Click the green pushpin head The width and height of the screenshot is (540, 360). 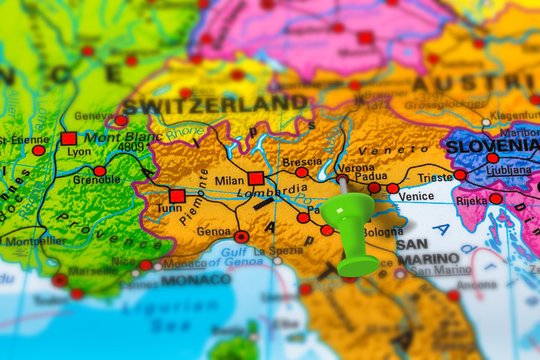pyautogui.click(x=348, y=212)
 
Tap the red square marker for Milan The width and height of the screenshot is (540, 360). pyautogui.click(x=256, y=178)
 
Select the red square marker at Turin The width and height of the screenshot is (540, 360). pyautogui.click(x=177, y=196)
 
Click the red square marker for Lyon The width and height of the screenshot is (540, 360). pyautogui.click(x=68, y=139)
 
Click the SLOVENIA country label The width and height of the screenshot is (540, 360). pyautogui.click(x=491, y=145)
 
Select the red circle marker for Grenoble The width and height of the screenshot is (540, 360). pyautogui.click(x=100, y=171)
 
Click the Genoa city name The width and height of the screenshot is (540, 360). pyautogui.click(x=213, y=231)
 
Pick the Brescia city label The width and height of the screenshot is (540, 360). pyautogui.click(x=302, y=161)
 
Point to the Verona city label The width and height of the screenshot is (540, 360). pyautogui.click(x=355, y=169)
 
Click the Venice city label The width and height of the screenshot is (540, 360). pyautogui.click(x=416, y=197)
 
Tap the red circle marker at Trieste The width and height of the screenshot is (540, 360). pyautogui.click(x=460, y=174)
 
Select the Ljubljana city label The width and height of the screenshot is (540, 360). pyautogui.click(x=507, y=170)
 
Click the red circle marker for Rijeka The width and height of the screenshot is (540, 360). pyautogui.click(x=496, y=199)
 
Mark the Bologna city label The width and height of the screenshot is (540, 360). pyautogui.click(x=383, y=232)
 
